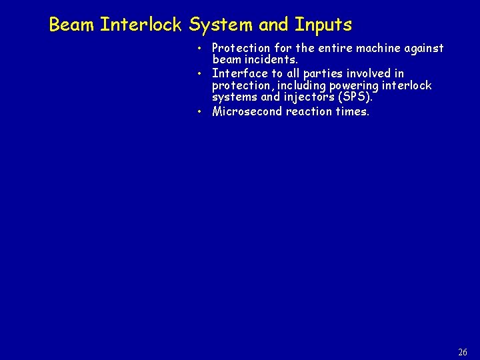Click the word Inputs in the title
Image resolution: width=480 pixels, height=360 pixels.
tap(323, 25)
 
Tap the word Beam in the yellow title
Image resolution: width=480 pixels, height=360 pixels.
tap(72, 25)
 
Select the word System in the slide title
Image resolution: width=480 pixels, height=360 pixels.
tap(221, 25)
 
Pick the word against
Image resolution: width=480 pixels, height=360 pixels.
tap(421, 48)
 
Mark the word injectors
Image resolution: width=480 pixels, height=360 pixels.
tap(310, 98)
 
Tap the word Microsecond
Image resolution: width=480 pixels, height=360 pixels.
tap(247, 111)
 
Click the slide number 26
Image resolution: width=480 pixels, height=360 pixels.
tap(463, 352)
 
